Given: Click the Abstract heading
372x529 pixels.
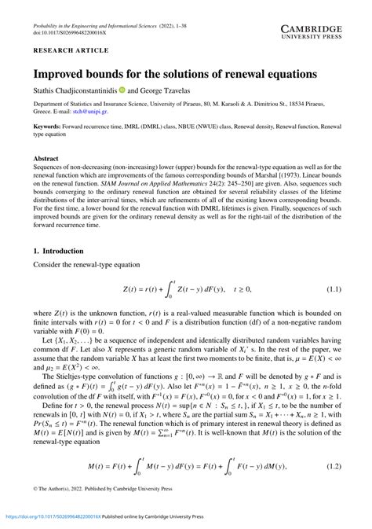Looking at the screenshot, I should click(x=46, y=158).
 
